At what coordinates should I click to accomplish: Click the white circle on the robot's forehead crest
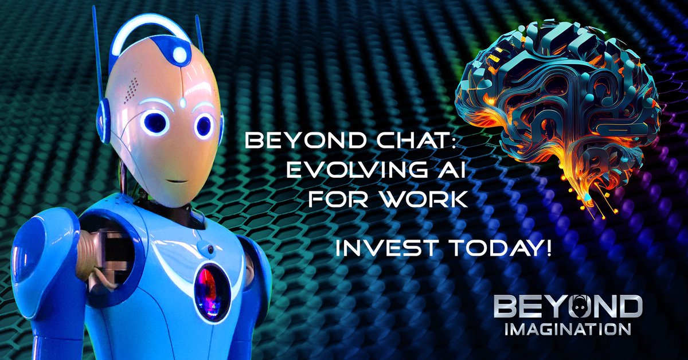click(179, 55)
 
